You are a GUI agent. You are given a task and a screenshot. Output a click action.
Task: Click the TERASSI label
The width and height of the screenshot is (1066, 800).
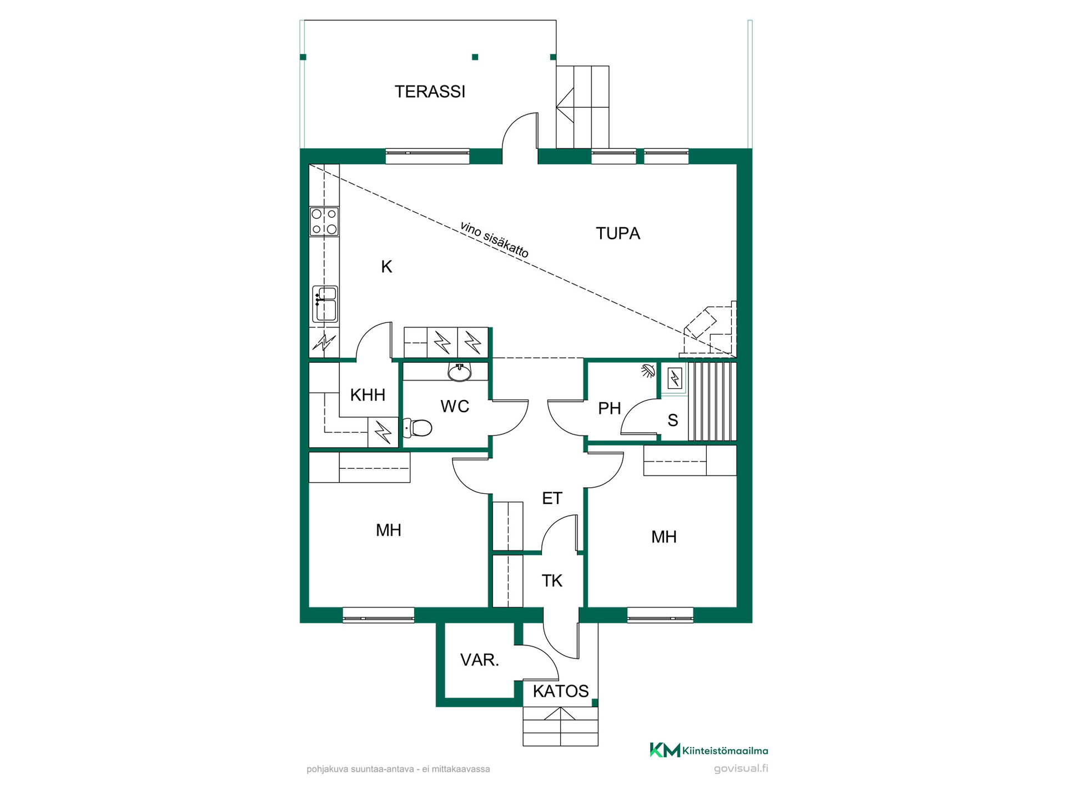click(430, 92)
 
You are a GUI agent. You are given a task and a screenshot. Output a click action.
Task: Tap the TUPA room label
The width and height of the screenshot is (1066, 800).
click(618, 233)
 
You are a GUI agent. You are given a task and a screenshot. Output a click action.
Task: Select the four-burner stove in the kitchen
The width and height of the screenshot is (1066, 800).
click(324, 222)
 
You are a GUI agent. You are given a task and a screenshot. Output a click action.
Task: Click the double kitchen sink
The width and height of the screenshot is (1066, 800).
click(325, 304)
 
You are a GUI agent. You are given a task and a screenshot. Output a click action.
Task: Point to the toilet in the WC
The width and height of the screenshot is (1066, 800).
click(418, 428)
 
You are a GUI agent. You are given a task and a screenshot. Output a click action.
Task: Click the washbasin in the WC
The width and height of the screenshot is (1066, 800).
click(460, 372)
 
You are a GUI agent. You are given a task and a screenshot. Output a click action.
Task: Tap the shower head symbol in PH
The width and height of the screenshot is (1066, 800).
click(648, 371)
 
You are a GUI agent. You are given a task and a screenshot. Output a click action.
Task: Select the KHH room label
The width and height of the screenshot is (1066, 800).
click(368, 395)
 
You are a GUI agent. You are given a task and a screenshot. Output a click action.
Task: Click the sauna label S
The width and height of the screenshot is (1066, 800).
click(673, 421)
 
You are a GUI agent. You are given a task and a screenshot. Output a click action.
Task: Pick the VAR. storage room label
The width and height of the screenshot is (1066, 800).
click(480, 660)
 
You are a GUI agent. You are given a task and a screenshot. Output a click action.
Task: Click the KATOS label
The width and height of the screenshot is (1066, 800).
click(561, 691)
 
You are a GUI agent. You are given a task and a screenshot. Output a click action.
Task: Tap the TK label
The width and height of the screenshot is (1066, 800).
click(552, 581)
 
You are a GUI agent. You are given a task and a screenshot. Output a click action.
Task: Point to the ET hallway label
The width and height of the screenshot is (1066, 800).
click(552, 498)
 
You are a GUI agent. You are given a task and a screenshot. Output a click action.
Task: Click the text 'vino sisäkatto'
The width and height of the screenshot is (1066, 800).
click(494, 240)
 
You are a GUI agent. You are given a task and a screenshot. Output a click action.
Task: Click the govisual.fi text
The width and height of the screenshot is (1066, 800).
click(741, 769)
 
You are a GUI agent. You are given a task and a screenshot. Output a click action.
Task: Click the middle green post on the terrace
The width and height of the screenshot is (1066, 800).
click(475, 57)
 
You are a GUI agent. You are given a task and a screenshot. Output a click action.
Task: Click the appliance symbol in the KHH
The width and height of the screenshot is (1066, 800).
click(383, 432)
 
